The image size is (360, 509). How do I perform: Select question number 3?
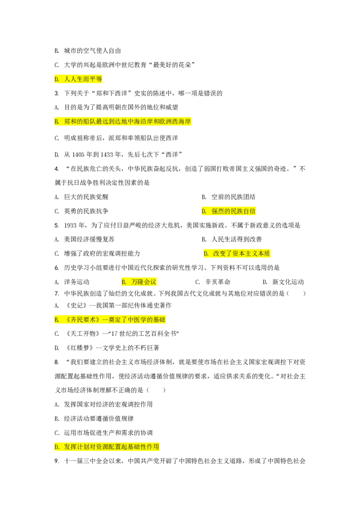pyautogui.click(x=57, y=94)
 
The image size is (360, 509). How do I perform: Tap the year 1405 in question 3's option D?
pyautogui.click(x=78, y=155)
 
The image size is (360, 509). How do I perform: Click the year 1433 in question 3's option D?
pyautogui.click(x=107, y=155)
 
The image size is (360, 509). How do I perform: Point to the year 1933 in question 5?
pyautogui.click(x=70, y=225)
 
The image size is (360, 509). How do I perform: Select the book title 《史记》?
pyautogui.click(x=76, y=305)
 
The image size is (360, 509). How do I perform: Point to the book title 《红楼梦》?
pyautogui.click(x=79, y=348)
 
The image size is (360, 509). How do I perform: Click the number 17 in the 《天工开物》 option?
pyautogui.click(x=114, y=334)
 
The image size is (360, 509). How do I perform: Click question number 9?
pyautogui.click(x=57, y=461)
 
